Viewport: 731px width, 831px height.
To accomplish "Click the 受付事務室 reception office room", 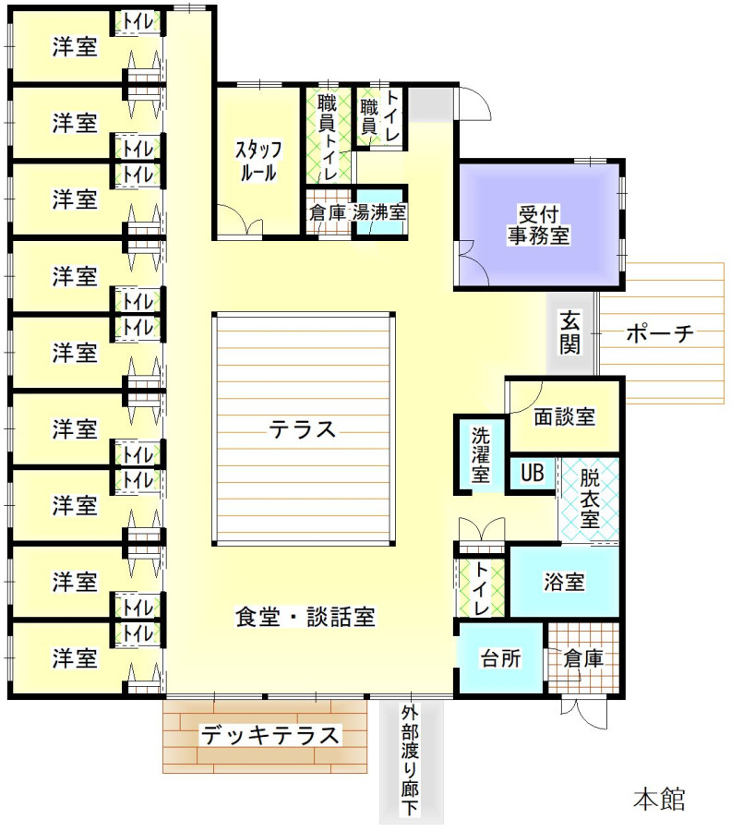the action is (539, 224).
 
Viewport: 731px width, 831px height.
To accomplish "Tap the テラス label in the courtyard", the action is (303, 429).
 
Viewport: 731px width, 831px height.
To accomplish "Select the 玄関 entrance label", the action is (570, 332).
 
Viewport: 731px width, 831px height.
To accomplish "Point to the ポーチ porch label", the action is (660, 333).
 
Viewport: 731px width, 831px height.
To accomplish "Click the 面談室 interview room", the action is (564, 416).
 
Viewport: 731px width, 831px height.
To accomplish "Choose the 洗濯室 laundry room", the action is (480, 455).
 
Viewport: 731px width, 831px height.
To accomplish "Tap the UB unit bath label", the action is (533, 472).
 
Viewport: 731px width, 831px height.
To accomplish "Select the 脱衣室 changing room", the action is (590, 500).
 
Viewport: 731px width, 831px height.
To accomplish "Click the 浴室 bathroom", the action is (564, 582).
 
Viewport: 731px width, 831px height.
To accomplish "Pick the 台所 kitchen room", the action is (500, 657).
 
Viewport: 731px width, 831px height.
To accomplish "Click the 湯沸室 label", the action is (379, 213).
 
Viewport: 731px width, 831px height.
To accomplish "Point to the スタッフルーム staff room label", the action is (258, 161).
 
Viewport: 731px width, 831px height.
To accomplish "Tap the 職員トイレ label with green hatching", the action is (328, 137).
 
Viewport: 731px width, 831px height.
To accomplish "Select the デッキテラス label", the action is (270, 735).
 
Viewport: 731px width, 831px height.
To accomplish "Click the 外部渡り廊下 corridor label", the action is (410, 760).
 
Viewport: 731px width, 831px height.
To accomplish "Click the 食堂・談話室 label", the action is (306, 617).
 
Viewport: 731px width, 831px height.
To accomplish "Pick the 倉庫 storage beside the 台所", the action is (582, 657).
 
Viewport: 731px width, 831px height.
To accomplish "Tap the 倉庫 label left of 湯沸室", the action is (328, 213).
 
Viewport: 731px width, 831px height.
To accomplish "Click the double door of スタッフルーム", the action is (240, 219).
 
